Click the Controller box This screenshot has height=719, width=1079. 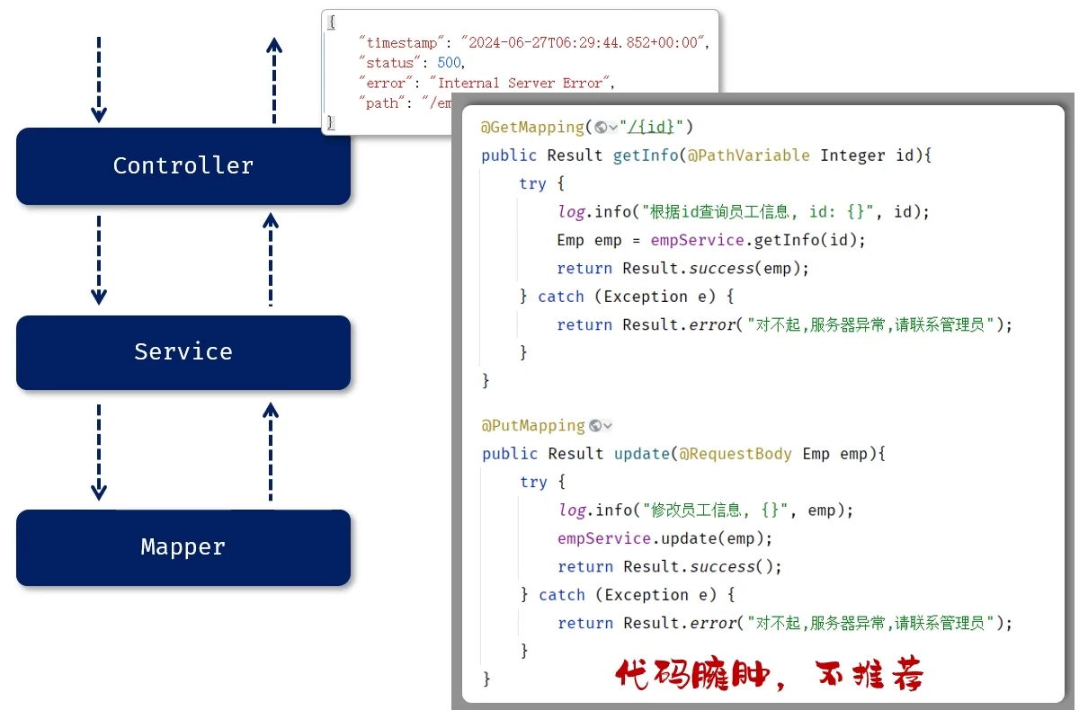click(x=183, y=166)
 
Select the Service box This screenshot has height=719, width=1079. click(x=183, y=351)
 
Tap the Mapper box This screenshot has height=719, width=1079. click(x=183, y=547)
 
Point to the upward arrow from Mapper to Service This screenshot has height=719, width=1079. click(x=271, y=451)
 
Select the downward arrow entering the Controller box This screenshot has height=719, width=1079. click(x=99, y=79)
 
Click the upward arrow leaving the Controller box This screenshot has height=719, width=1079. click(x=274, y=79)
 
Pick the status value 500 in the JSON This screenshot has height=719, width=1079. click(x=450, y=63)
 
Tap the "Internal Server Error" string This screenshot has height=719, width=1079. click(x=520, y=83)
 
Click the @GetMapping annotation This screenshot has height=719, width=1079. click(x=532, y=127)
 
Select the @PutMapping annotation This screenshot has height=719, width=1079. click(x=533, y=425)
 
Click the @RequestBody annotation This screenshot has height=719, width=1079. click(x=736, y=454)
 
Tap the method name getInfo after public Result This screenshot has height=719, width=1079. click(x=645, y=155)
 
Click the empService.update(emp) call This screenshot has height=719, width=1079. click(x=664, y=538)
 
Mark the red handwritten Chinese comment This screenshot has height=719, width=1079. click(x=769, y=675)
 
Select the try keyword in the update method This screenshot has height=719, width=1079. click(x=533, y=482)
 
